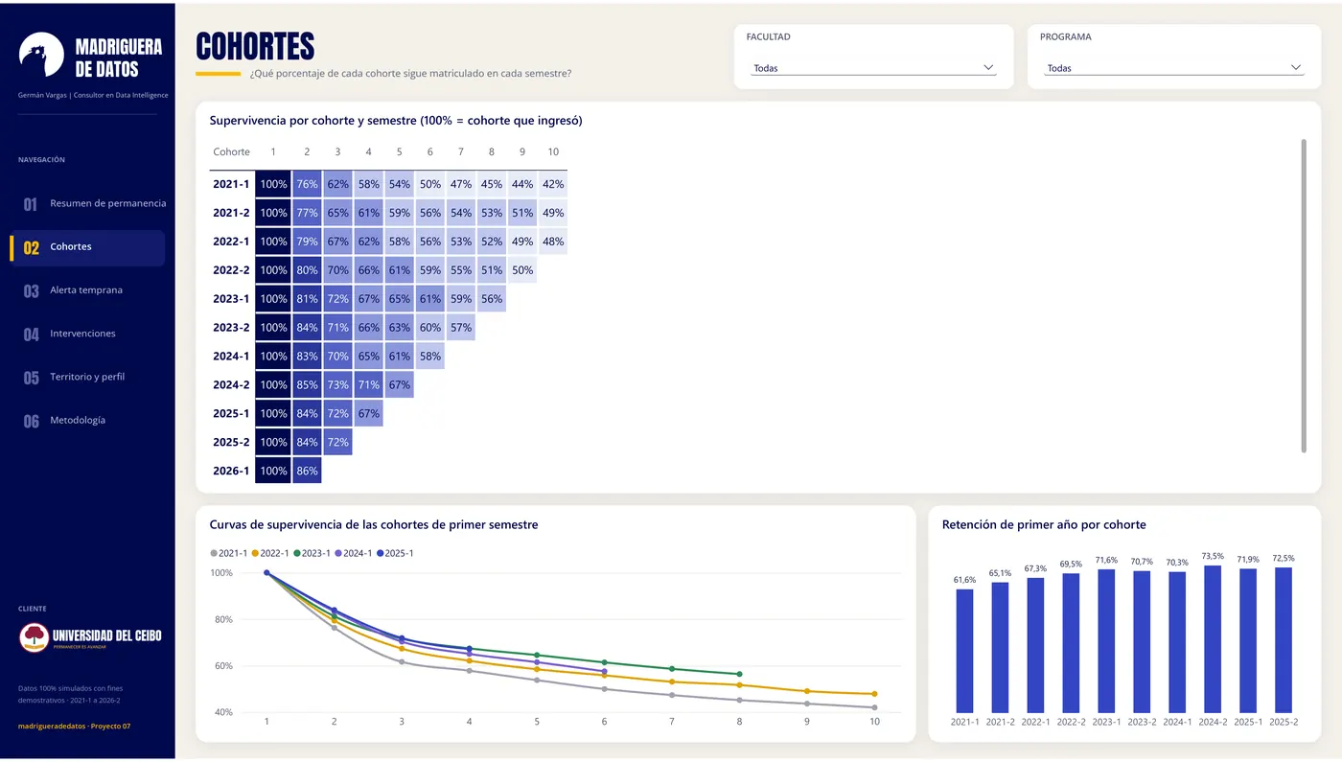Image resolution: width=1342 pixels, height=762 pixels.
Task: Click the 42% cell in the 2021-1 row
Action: pos(552,184)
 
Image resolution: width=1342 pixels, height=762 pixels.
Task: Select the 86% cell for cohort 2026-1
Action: pos(307,471)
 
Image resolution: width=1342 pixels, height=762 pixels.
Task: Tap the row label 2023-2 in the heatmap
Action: pos(231,328)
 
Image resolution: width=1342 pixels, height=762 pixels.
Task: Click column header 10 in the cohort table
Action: pos(553,151)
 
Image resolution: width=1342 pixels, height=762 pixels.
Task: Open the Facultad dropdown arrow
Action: pos(988,68)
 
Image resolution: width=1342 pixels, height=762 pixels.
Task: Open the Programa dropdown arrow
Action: pos(1295,68)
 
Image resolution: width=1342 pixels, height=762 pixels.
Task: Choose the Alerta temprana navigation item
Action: pos(87,290)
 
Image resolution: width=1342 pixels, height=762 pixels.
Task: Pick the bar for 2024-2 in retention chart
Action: pos(1213,639)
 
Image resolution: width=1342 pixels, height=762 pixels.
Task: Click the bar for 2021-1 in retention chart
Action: pos(964,651)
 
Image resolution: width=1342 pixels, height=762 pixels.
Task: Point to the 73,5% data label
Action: pos(1213,557)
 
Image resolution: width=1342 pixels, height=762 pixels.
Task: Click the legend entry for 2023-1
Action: pos(312,554)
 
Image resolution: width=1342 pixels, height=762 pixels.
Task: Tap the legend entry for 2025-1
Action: pos(395,554)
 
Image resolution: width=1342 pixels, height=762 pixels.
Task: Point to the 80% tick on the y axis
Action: pos(223,619)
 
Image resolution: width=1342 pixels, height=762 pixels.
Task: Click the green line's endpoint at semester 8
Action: pos(739,674)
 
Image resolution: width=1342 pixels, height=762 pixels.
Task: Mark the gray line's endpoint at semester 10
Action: pos(874,707)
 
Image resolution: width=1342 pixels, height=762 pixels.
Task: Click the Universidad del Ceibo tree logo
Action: pos(35,636)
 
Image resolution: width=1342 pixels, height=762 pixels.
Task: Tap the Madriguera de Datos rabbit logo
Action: pos(41,55)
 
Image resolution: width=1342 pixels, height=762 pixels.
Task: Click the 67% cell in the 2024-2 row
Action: pos(399,385)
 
